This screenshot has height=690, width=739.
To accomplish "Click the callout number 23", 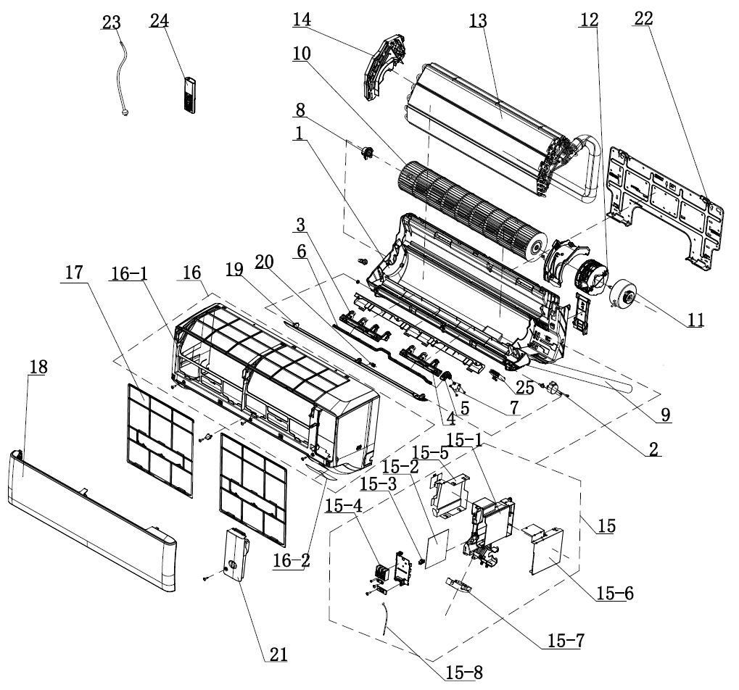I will click(110, 22).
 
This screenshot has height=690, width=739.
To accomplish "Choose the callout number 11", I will click(695, 319).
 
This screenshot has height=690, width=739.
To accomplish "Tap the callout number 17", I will click(73, 273).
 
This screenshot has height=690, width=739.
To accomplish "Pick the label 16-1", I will click(129, 273).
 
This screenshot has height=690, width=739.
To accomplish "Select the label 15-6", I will click(615, 594).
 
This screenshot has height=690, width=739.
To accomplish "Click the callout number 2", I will click(653, 449).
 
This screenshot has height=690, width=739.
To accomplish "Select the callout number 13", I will click(477, 21).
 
